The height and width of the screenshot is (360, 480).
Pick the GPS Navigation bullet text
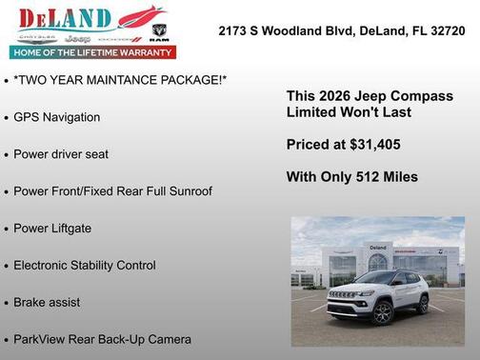click(56, 117)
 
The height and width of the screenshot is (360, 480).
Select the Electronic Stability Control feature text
click(84, 266)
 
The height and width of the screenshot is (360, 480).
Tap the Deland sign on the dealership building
click(377, 248)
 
